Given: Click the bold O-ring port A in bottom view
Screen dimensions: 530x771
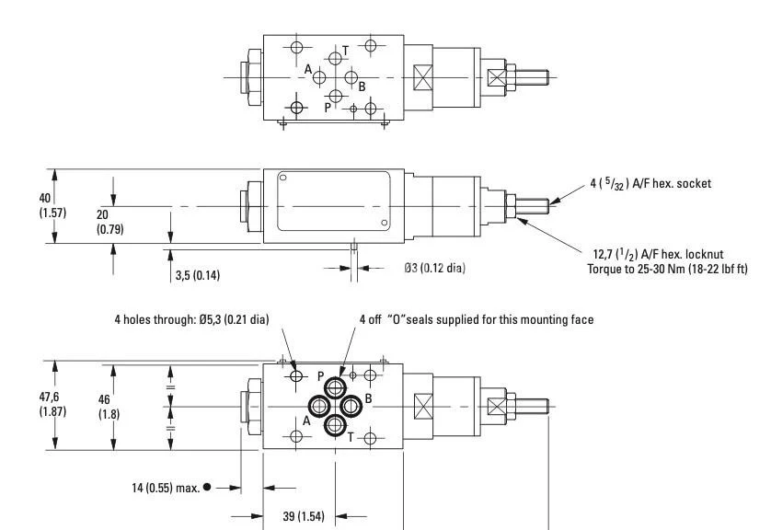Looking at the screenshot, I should [x=318, y=406].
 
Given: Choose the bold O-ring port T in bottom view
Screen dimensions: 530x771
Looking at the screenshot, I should [x=336, y=425].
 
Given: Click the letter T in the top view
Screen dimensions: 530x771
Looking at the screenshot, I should [x=345, y=51].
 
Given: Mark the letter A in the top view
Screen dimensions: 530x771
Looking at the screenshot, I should [x=309, y=68].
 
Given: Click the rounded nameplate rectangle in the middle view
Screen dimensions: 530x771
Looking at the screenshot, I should [x=334, y=205].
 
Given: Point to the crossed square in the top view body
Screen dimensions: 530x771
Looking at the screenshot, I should [x=423, y=77].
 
